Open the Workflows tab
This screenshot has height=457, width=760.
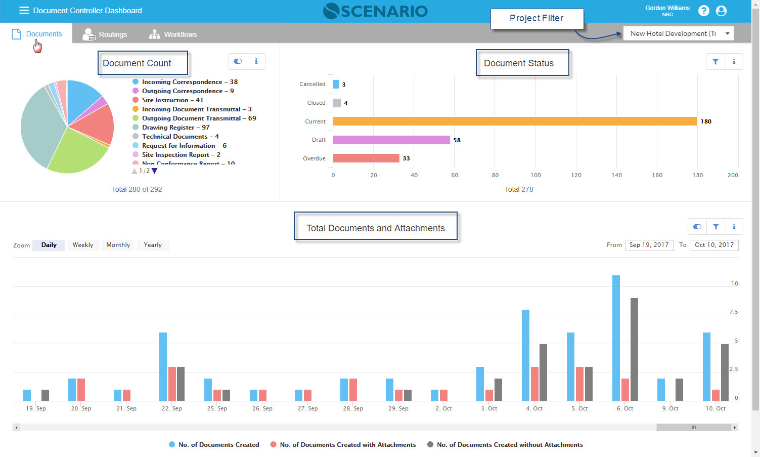(x=173, y=34)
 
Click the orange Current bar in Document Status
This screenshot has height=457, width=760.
(x=515, y=121)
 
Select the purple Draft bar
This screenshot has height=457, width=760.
(x=391, y=140)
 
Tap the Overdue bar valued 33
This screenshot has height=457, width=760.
(x=366, y=158)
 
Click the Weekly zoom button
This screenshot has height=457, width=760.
(x=83, y=245)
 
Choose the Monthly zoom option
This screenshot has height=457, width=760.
(x=118, y=245)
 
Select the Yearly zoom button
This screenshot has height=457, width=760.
(x=153, y=245)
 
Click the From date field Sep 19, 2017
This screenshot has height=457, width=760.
(x=649, y=245)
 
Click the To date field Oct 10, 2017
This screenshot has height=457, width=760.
(x=714, y=245)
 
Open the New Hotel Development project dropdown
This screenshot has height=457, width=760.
(x=678, y=34)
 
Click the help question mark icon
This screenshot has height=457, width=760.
(x=703, y=11)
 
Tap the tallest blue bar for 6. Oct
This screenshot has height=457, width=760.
(x=616, y=338)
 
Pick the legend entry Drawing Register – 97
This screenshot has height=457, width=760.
(x=175, y=128)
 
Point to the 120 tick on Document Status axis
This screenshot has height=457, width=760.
(x=576, y=175)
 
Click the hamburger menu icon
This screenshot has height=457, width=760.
(x=24, y=11)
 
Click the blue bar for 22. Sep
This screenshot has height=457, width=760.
(x=163, y=366)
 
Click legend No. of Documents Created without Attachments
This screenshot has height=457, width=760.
(x=509, y=445)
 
